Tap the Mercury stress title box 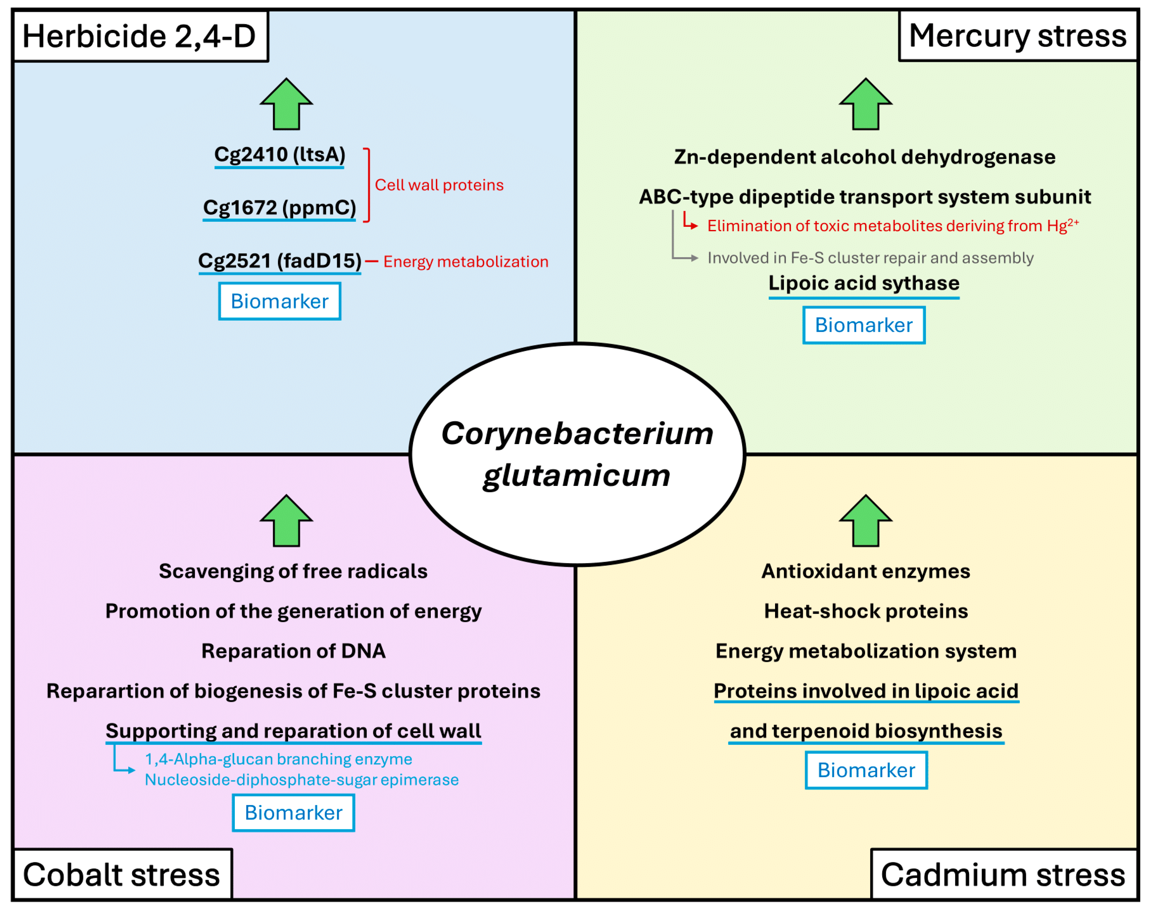click(1018, 36)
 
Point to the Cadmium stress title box click(1003, 875)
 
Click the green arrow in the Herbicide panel click(287, 105)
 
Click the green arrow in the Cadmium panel click(865, 522)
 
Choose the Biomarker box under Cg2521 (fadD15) click(280, 301)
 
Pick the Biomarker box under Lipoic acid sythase click(863, 325)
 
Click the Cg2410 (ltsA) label click(280, 155)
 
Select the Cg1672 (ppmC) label click(280, 207)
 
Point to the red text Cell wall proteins click(439, 185)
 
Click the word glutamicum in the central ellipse click(577, 475)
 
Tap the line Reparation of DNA click(293, 651)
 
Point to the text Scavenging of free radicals click(293, 571)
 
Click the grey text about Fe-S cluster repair click(870, 258)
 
